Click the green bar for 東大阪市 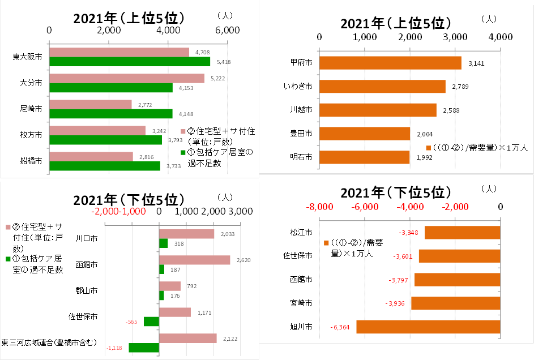point(130,62)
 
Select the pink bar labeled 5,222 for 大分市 point(127,78)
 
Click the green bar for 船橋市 point(105,166)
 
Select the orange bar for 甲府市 point(390,62)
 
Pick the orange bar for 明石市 point(365,157)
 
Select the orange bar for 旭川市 point(428,327)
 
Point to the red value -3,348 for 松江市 point(408,233)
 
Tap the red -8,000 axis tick point(319,207)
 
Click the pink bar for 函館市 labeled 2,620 point(194,260)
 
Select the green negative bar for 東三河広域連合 point(144,348)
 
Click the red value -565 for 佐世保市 point(131,322)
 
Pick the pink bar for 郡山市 point(170,286)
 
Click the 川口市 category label point(86,238)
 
